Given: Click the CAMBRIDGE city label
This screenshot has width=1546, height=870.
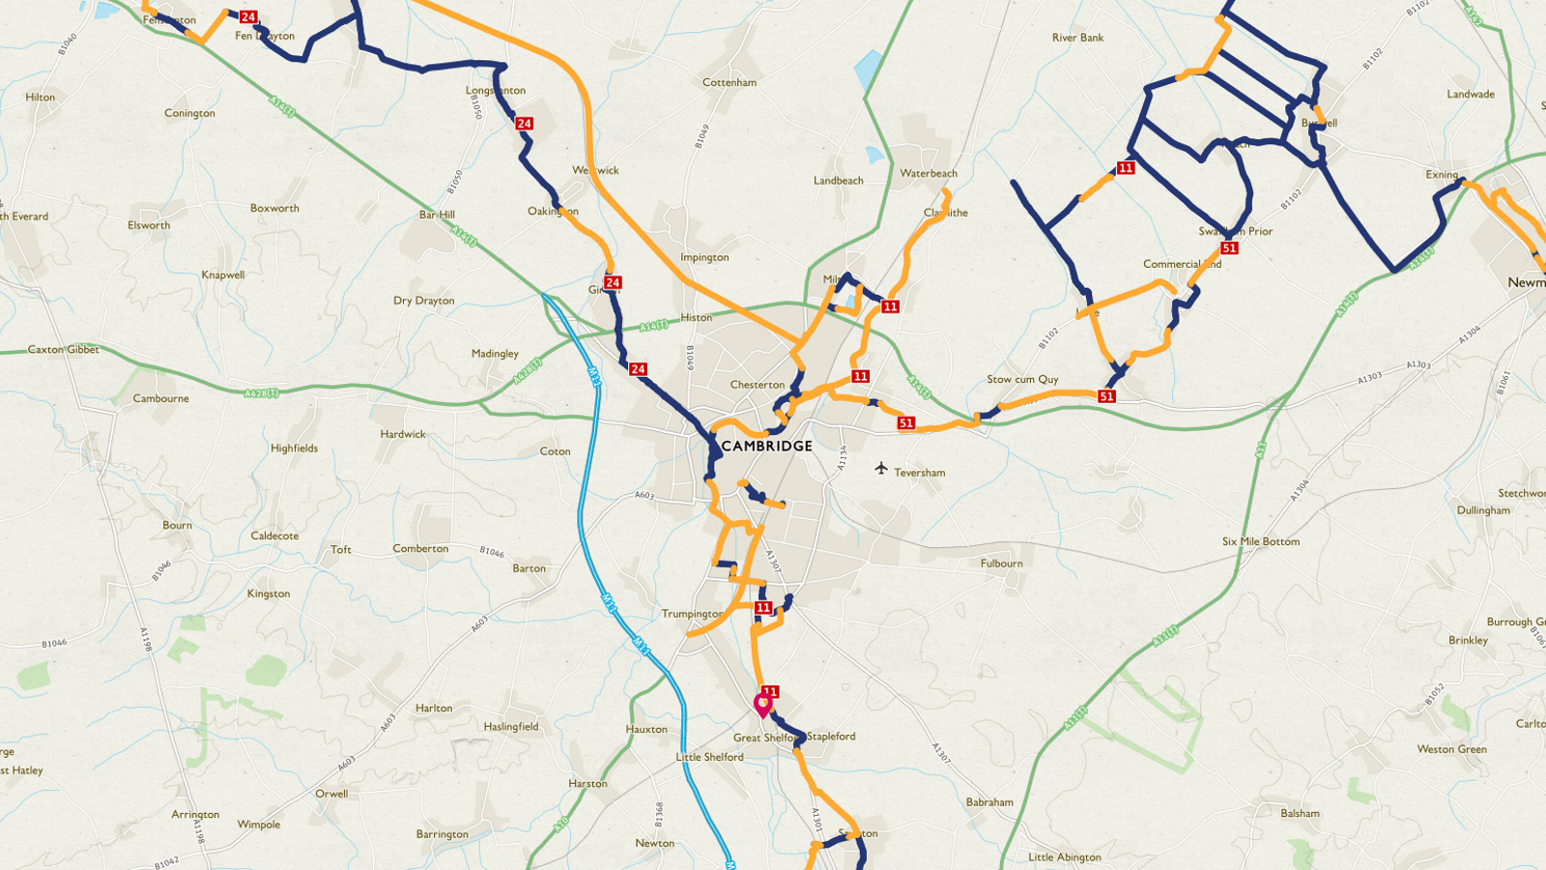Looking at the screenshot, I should point(767,446).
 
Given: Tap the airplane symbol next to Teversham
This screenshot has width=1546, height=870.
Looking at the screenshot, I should point(880,469).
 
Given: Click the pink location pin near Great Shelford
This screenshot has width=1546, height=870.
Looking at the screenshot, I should point(762,704).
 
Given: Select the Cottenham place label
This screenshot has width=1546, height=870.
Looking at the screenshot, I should point(730,82).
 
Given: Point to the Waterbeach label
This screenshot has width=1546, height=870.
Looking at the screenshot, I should point(929,173).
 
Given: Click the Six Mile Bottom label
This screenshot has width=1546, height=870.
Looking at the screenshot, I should point(1261,541).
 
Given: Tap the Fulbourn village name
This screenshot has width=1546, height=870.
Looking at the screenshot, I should point(1001,563).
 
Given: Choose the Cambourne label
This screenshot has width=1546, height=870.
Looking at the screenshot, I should point(161,398).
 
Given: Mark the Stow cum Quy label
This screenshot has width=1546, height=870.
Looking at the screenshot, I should point(1022,379).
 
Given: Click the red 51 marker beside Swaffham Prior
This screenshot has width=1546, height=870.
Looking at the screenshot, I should point(1229,248).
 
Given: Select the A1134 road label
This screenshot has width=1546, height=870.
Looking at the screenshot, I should point(842,458).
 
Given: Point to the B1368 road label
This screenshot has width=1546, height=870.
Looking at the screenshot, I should point(660,813).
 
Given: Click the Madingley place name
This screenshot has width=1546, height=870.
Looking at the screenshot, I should point(495,354).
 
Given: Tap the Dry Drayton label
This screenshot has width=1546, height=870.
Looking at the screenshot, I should point(423,301).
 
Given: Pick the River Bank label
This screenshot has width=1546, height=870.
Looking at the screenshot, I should point(1077,38).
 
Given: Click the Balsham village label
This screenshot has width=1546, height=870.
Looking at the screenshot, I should point(1300,813).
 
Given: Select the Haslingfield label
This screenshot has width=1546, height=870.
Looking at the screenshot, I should point(511,726).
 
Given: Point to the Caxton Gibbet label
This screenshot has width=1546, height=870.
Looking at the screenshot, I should point(63,349).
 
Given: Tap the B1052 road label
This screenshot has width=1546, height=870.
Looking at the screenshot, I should point(1434,694).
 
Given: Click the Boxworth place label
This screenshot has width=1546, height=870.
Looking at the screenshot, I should point(274,208).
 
